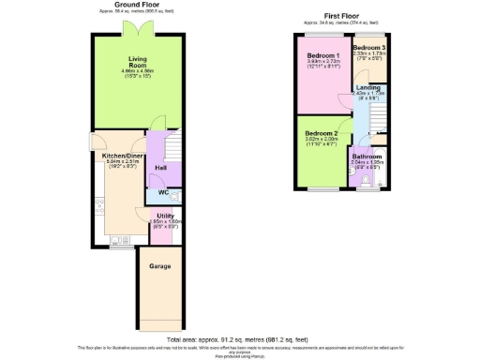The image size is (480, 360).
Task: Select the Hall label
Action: click(161, 168)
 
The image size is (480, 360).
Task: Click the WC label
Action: click(163, 193)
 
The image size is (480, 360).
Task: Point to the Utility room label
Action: click(163, 215)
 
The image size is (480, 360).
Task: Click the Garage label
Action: click(159, 265)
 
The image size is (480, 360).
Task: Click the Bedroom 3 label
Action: click(368, 47)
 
